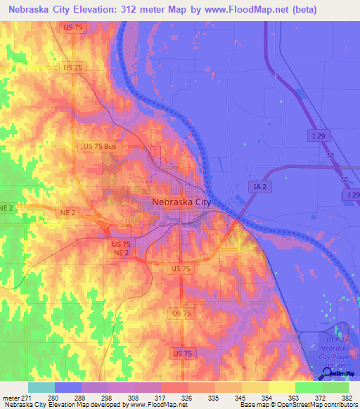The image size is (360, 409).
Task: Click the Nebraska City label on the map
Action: click(181, 202)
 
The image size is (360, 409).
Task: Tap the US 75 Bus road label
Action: click(99, 146)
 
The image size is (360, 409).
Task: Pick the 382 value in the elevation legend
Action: click(348, 397)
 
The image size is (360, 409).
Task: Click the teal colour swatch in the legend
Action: click(41, 387)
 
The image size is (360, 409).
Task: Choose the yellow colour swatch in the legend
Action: click(281, 387)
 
